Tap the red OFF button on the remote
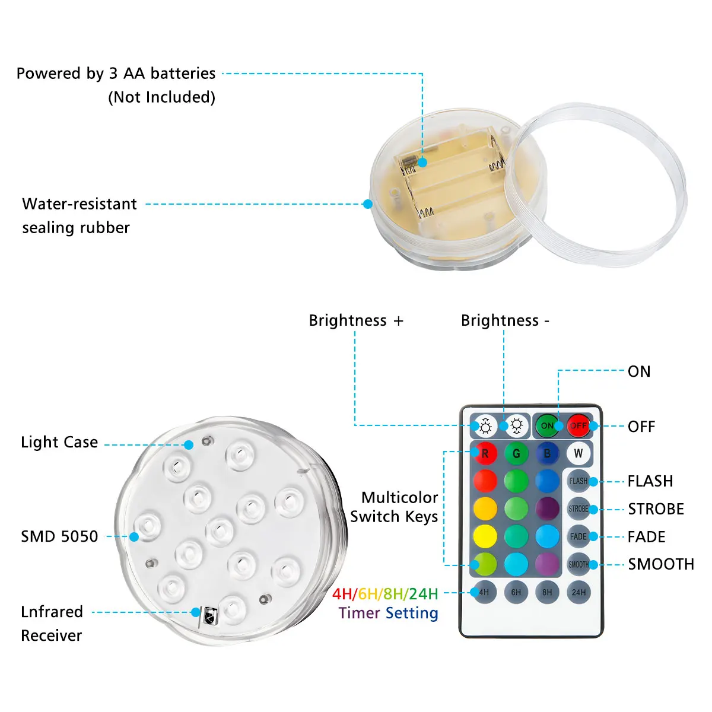coord(578,425)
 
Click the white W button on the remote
coord(578,453)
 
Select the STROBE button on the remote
coord(578,508)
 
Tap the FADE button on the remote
coord(578,536)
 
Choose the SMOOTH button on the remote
coord(578,564)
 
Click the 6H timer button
coord(516,592)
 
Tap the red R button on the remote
coord(485,453)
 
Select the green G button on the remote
coord(516,453)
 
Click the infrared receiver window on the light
coord(209,616)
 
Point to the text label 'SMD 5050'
coord(59,536)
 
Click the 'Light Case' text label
coord(59,442)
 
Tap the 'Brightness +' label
coord(356,320)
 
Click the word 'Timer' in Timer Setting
coord(359,613)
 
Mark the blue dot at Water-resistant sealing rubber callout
coord(368,204)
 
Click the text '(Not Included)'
coord(161,97)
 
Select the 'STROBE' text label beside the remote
coord(656,509)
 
